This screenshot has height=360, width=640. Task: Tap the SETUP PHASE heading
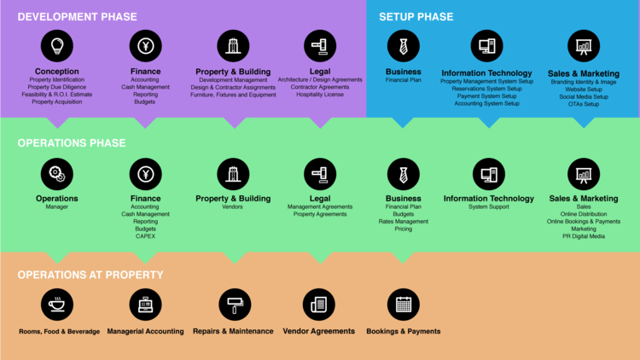416,16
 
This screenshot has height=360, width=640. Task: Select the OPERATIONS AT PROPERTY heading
90,275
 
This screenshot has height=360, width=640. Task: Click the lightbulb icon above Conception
57,46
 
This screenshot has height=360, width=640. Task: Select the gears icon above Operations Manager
57,174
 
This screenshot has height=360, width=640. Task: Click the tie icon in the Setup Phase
403,46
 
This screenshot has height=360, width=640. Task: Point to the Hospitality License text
320,95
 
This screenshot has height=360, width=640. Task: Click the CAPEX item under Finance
145,236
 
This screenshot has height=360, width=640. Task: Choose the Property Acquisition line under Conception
57,102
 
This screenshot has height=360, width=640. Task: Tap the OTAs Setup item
584,104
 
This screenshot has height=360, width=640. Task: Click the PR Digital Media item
584,236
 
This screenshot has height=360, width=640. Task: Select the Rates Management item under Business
403,222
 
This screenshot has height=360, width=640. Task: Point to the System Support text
489,207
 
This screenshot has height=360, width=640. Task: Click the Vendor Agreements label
318,331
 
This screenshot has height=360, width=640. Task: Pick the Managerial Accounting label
145,331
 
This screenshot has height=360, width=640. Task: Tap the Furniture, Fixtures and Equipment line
233,95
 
